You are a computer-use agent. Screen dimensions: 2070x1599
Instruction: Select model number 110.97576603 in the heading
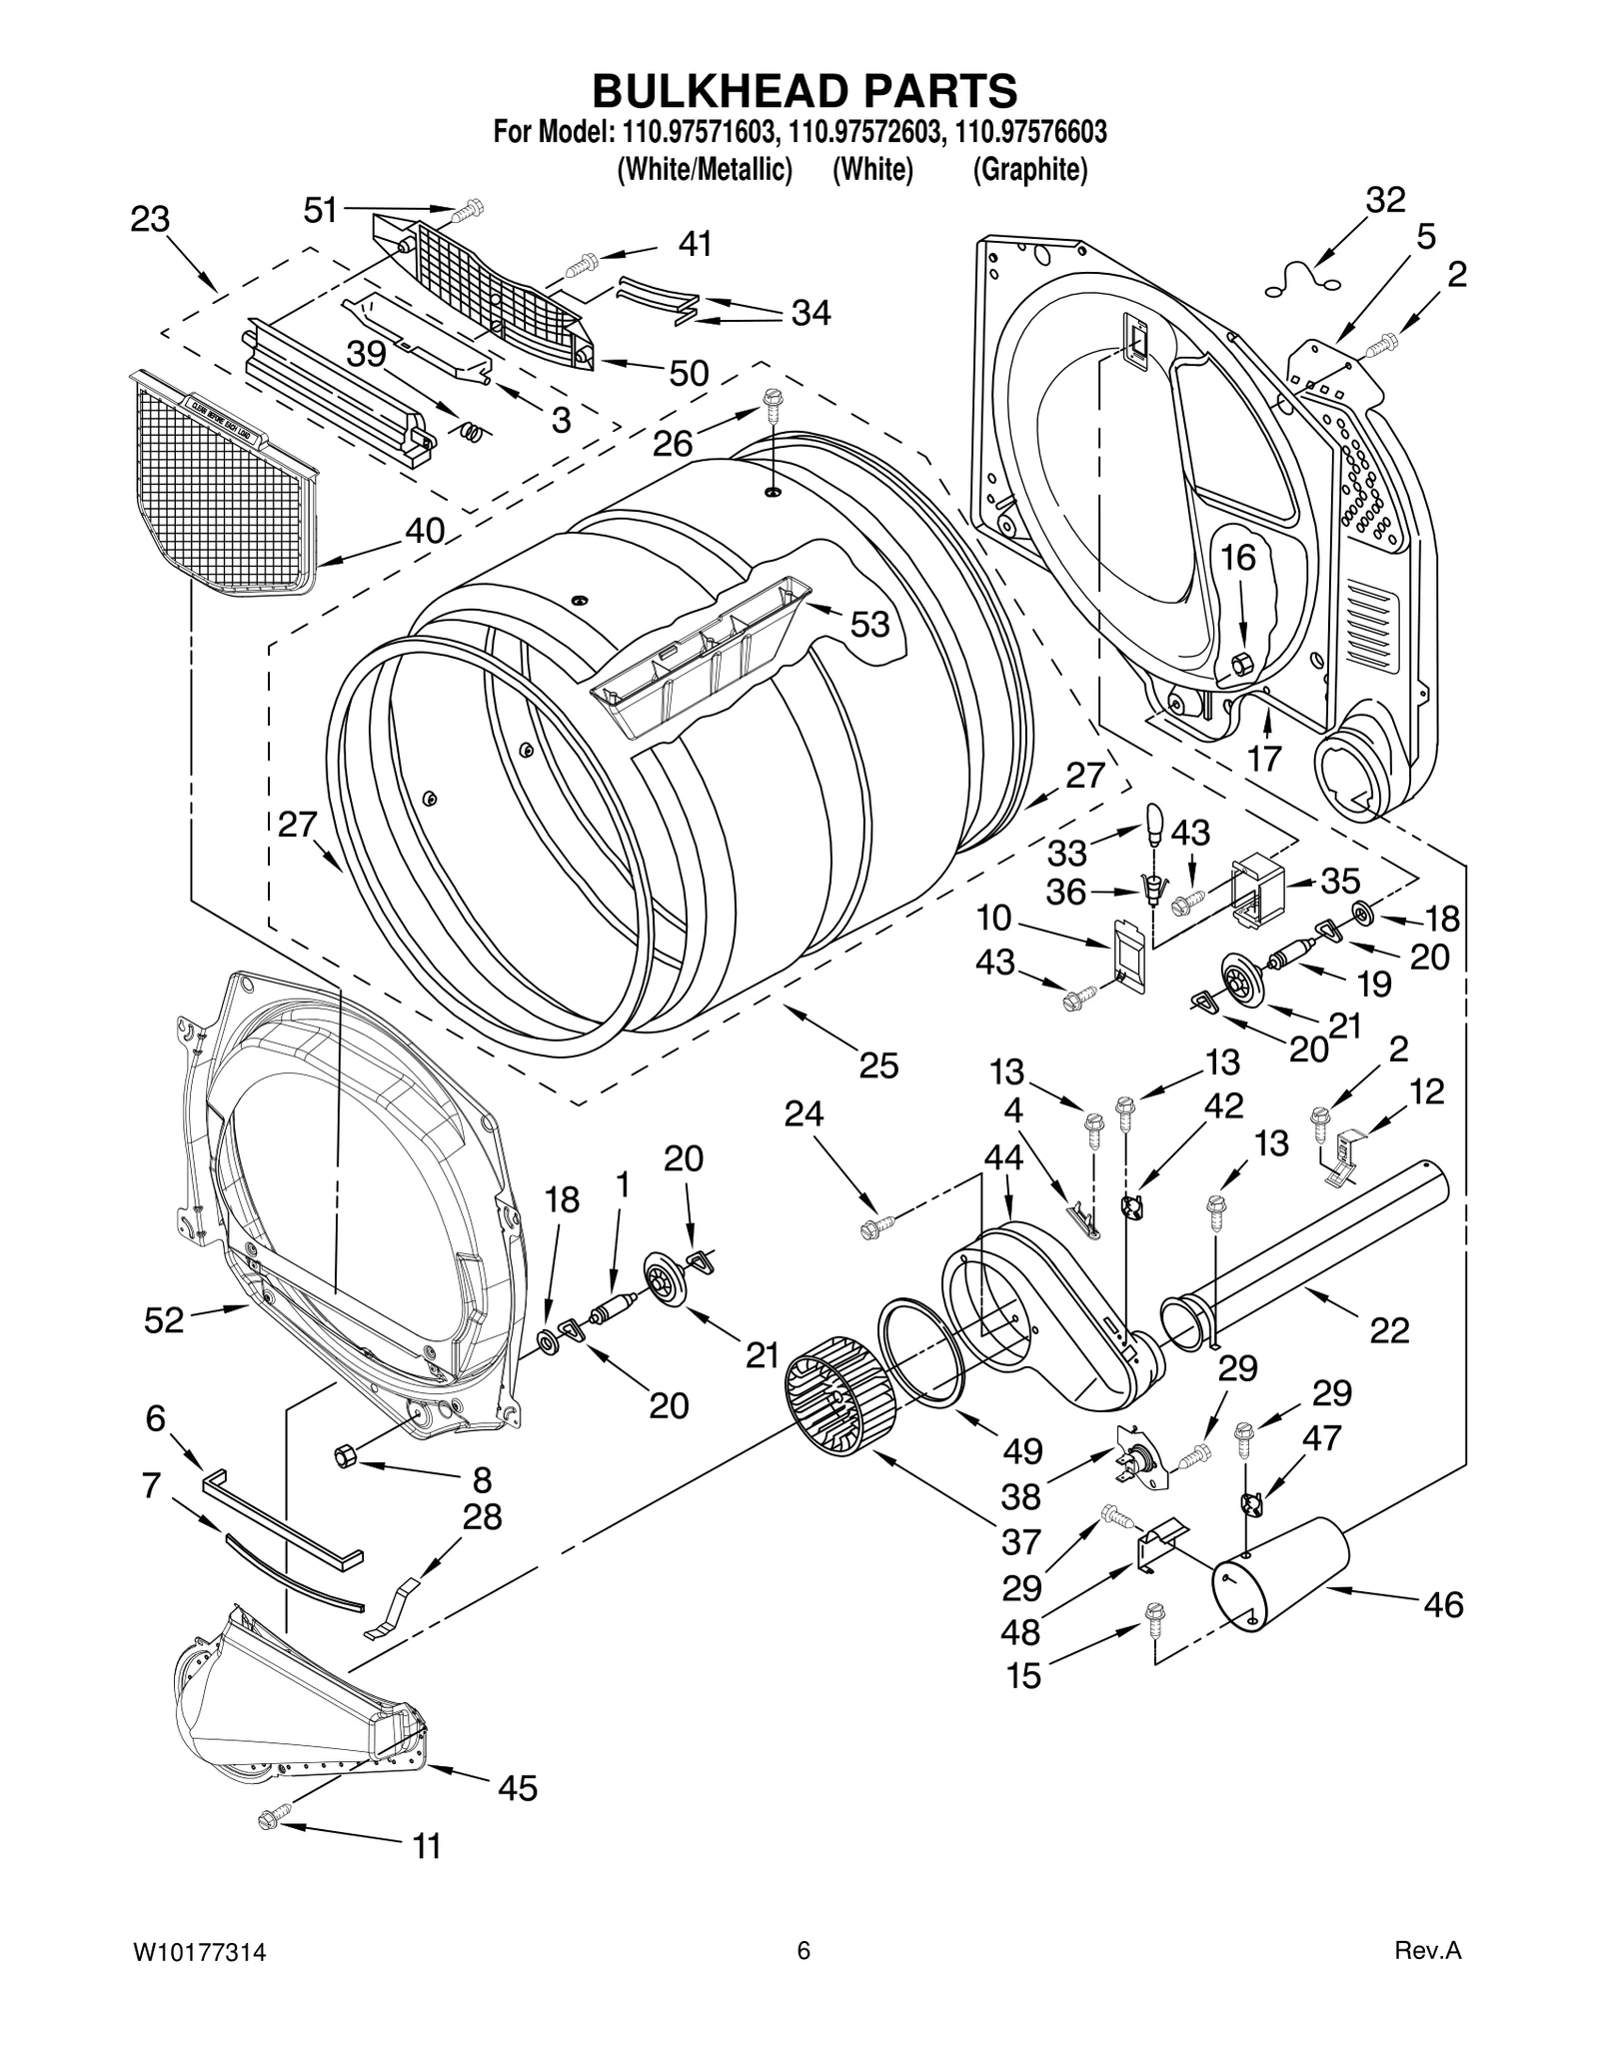tap(1030, 132)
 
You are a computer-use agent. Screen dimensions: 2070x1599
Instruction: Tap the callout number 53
tap(868, 625)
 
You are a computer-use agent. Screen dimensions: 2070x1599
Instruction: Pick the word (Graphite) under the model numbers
tap(1030, 170)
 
